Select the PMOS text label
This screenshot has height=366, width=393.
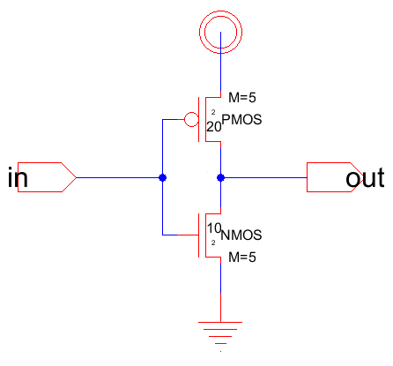click(x=241, y=120)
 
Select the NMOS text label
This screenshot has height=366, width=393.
click(x=241, y=235)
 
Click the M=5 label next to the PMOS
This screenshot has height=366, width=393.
click(x=242, y=98)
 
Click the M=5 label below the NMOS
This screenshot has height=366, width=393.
click(x=242, y=258)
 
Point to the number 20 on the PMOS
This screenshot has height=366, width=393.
click(x=214, y=127)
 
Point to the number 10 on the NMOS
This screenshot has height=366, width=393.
click(x=214, y=228)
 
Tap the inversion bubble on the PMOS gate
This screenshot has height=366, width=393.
click(x=191, y=113)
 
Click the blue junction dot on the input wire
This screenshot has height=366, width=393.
click(x=162, y=177)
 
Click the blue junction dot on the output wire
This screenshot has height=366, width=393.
click(x=220, y=177)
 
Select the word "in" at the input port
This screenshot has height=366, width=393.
click(x=18, y=177)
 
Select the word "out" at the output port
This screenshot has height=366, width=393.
click(x=365, y=178)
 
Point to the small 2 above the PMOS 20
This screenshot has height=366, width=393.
click(x=213, y=112)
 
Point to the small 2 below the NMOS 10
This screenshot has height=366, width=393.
click(x=213, y=243)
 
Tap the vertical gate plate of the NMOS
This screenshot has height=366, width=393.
click(x=199, y=235)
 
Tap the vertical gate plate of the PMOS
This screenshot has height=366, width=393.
click(x=199, y=120)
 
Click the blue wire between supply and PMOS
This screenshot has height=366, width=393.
click(x=220, y=62)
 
